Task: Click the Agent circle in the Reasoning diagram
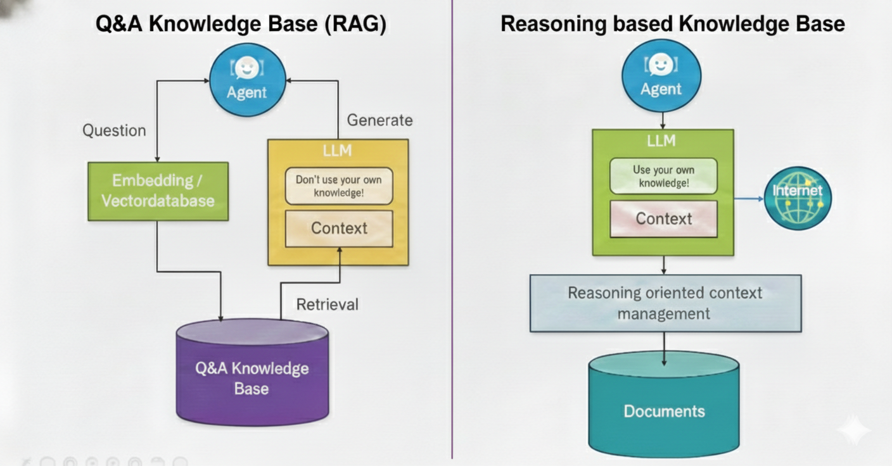click(661, 75)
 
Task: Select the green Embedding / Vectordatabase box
click(158, 191)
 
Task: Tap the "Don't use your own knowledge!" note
click(338, 186)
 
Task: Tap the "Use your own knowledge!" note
click(663, 176)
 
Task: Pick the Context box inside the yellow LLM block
click(339, 228)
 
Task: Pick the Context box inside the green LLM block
click(663, 219)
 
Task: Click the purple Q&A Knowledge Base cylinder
click(252, 377)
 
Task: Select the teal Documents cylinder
click(664, 405)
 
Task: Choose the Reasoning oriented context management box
click(665, 303)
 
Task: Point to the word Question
click(114, 131)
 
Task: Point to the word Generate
click(379, 120)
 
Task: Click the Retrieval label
click(327, 305)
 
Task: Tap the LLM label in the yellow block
click(338, 151)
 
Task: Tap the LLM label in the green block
click(661, 141)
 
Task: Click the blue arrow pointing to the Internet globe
click(749, 198)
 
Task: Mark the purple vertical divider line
click(452, 253)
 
